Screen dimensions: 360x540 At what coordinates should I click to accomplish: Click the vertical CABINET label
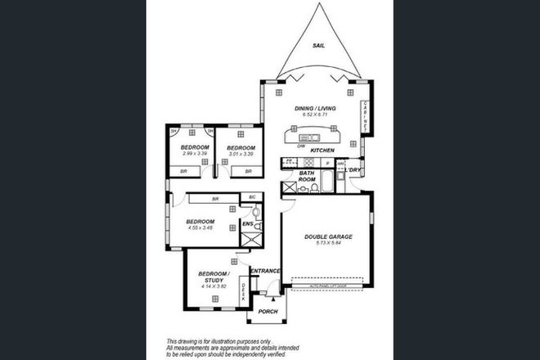[x=364, y=117]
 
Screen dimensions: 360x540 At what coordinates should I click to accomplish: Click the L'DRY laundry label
[x=353, y=170]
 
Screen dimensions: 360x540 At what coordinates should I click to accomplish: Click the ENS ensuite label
[x=247, y=223]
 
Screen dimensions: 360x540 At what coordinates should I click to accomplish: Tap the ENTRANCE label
[x=266, y=271]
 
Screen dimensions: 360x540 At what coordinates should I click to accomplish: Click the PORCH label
[x=268, y=312]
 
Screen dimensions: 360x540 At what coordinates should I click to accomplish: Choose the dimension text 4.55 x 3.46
[x=200, y=228]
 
